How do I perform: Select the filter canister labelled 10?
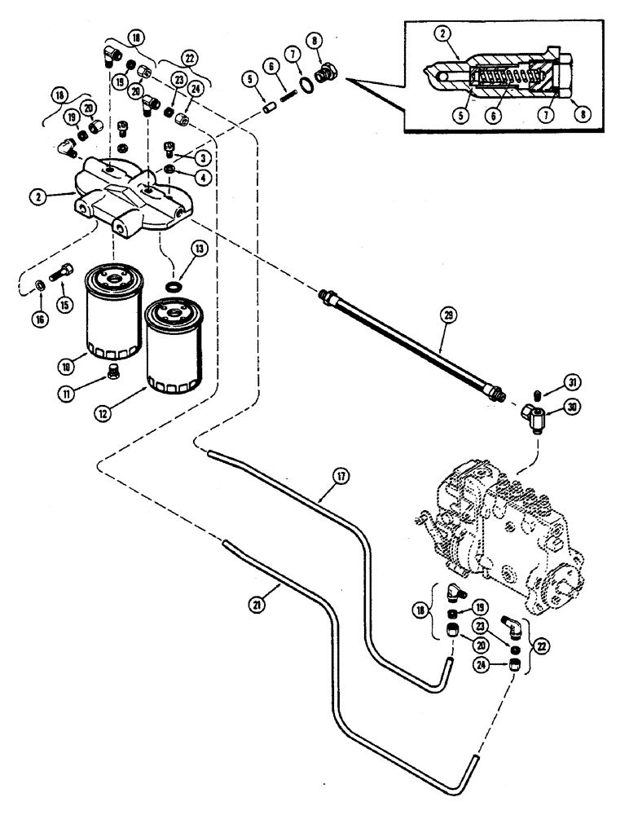click(x=114, y=314)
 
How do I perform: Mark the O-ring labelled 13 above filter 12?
click(x=172, y=287)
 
